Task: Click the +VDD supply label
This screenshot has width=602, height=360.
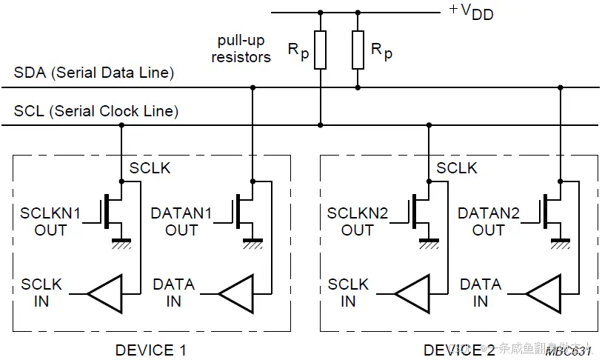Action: click(471, 13)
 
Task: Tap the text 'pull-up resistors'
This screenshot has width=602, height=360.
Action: click(241, 48)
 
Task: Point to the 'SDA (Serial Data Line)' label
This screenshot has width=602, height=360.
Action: click(94, 73)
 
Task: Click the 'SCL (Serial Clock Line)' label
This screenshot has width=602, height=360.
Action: click(96, 112)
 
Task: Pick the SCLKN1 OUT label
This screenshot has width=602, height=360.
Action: click(50, 221)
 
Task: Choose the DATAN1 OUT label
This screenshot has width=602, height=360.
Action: click(181, 221)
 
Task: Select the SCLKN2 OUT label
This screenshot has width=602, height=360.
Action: click(357, 221)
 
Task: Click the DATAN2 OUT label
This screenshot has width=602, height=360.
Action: click(488, 221)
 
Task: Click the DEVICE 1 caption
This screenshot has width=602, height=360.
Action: click(151, 350)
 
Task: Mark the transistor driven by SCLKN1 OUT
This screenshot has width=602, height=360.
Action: click(114, 211)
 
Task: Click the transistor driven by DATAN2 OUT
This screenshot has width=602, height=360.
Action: click(552, 211)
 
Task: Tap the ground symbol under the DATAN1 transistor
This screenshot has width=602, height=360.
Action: click(252, 241)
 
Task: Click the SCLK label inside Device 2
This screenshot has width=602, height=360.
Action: click(457, 168)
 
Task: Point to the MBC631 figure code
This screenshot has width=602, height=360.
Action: click(571, 350)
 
